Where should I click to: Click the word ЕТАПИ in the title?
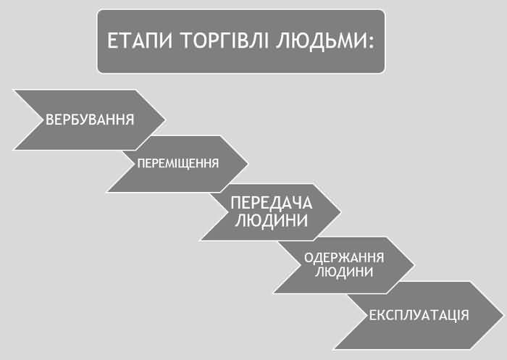tap(140, 41)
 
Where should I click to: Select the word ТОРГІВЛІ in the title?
tap(225, 41)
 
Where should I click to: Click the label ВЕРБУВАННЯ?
tap(90, 120)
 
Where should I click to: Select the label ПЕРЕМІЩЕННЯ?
tap(178, 164)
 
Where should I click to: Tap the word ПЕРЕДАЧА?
tap(272, 203)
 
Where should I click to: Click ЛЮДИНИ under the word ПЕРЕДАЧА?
tap(272, 221)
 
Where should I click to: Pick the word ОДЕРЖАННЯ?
tap(344, 258)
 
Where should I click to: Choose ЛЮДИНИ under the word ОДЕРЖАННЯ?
tap(344, 272)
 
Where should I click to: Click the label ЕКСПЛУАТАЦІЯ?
tap(419, 315)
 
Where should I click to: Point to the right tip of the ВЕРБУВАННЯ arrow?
tap(165, 120)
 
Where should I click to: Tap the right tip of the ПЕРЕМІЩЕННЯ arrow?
tap(248, 164)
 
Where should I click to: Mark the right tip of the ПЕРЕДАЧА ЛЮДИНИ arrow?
tap(340, 212)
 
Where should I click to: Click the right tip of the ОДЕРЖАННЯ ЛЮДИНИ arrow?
tap(414, 265)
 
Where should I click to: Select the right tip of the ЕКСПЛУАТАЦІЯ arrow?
tap(503, 314)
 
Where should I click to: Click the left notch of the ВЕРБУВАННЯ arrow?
tap(43, 120)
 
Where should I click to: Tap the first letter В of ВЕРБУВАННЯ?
tap(49, 120)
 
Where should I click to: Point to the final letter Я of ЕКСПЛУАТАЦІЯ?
tap(465, 315)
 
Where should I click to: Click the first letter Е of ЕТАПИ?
tap(112, 41)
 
